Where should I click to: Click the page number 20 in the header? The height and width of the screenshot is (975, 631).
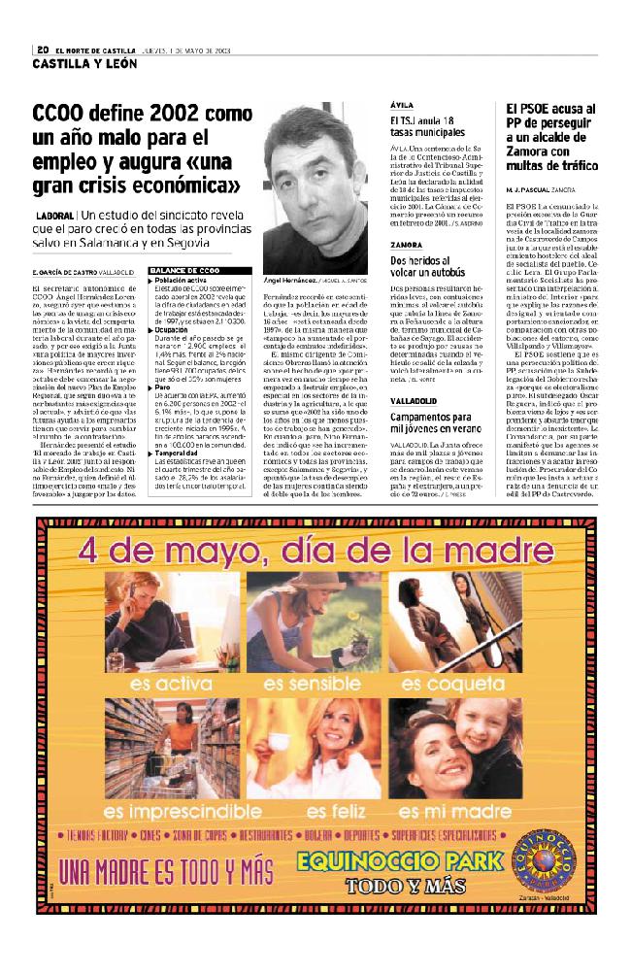pyautogui.click(x=43, y=50)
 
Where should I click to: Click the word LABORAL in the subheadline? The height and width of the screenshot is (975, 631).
pyautogui.click(x=56, y=214)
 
